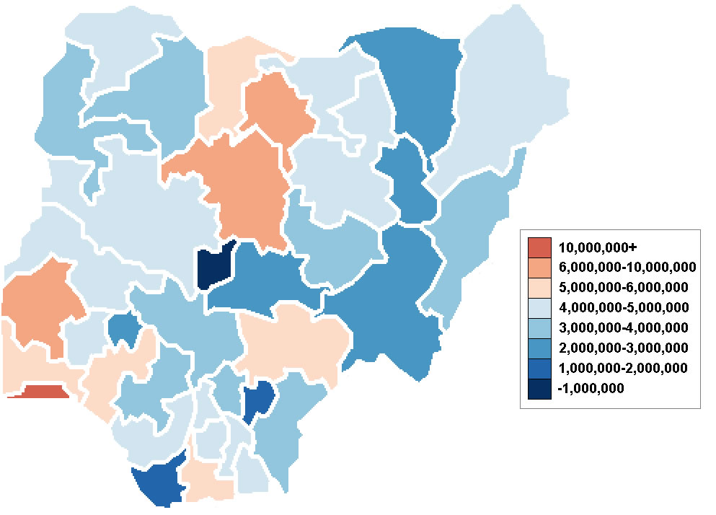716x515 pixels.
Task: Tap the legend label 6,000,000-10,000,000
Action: tap(626, 267)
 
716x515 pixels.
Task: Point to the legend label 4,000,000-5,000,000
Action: tap(623, 307)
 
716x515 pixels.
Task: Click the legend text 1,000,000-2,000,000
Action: tap(623, 368)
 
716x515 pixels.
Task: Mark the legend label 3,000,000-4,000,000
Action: tap(623, 327)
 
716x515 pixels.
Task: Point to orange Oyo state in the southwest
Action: tap(40, 303)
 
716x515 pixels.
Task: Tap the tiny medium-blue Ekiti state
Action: tap(123, 328)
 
